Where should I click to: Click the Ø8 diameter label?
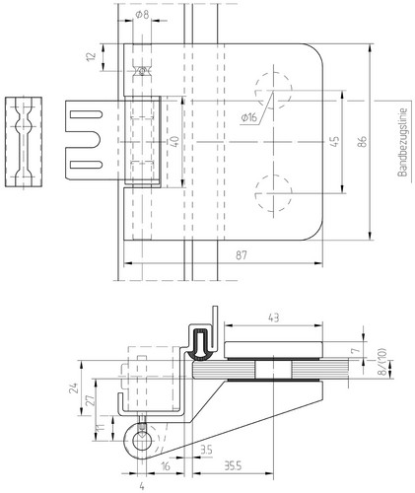pos(142,15)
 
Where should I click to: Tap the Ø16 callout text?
pos(249,117)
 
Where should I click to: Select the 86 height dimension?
pos(362,142)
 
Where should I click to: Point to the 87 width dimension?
pos(242,255)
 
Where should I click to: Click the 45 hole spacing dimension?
pos(334,142)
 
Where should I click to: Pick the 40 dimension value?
pos(174,142)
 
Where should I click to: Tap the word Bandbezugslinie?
pos(402,143)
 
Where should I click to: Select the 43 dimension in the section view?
pos(273,317)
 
